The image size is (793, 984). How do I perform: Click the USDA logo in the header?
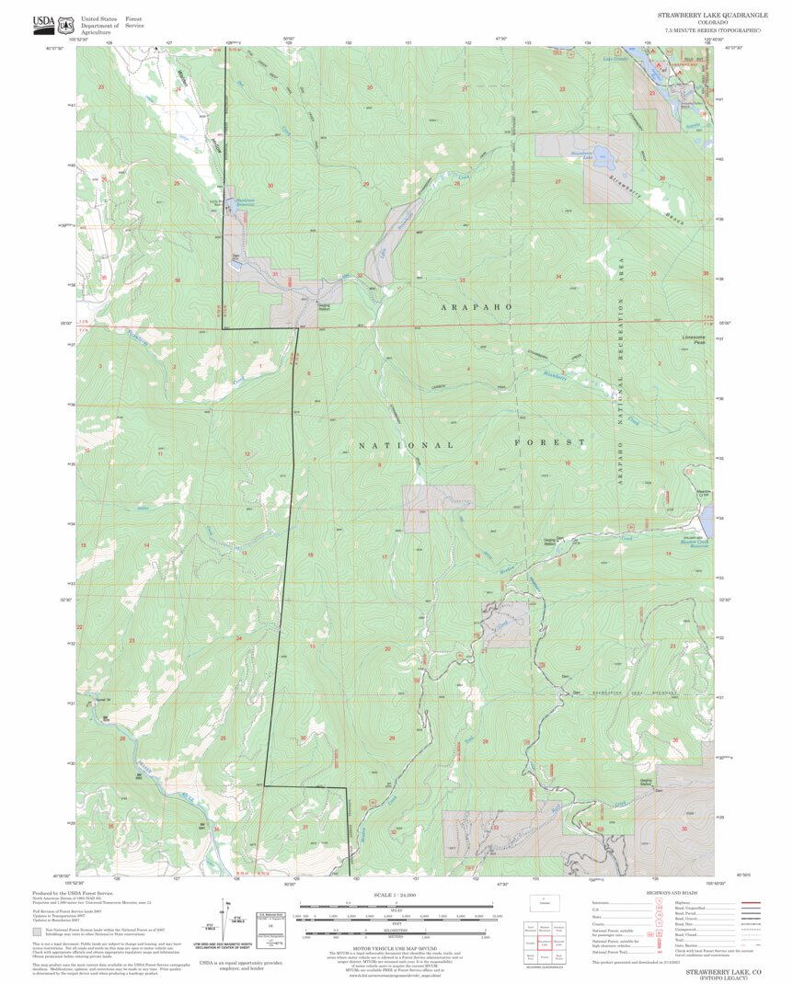[43, 22]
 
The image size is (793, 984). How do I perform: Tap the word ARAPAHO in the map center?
[476, 305]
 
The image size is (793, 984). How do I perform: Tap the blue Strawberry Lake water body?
[599, 155]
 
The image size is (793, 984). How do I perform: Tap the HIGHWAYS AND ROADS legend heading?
[676, 894]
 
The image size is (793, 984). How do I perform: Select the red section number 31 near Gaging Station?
[275, 274]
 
